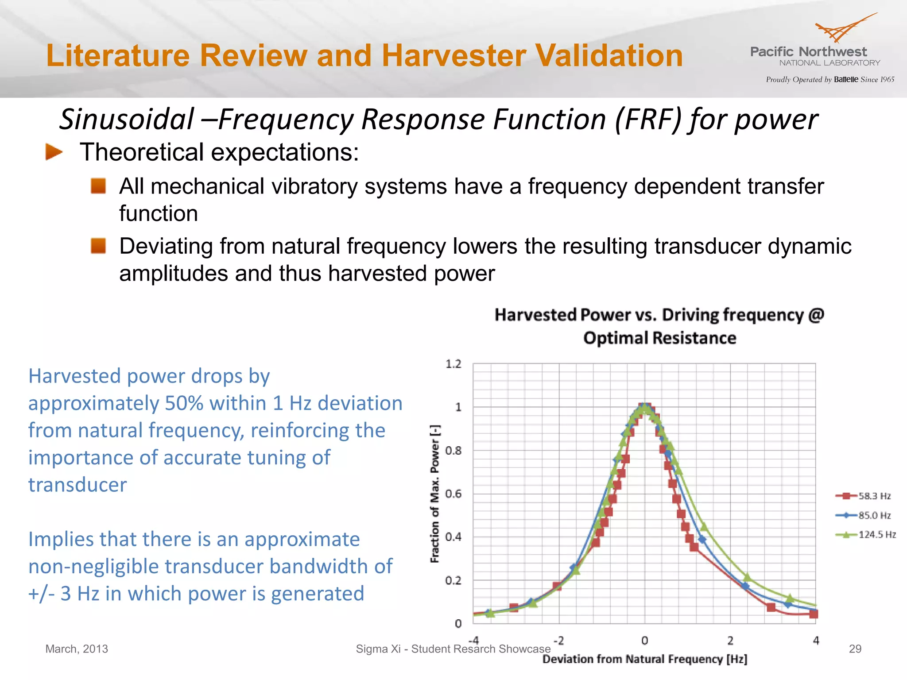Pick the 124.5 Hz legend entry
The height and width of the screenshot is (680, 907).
866,535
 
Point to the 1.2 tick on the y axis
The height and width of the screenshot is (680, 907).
453,364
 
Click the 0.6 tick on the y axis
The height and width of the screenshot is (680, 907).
453,494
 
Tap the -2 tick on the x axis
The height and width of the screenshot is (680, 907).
558,641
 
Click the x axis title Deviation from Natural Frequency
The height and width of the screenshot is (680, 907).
644,659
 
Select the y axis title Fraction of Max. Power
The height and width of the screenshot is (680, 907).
435,494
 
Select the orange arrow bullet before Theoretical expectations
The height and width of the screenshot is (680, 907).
54,152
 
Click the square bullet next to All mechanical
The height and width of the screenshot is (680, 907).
98,186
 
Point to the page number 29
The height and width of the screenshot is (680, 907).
855,649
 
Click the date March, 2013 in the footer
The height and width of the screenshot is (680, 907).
77,649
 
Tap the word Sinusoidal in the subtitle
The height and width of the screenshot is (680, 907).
127,120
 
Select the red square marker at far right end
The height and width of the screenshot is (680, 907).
814,614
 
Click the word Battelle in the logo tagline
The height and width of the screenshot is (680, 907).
846,80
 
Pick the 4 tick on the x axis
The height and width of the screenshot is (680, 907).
816,641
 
